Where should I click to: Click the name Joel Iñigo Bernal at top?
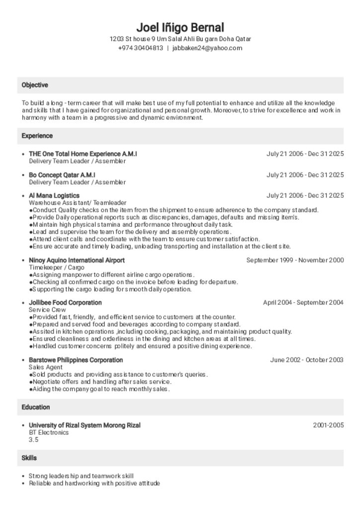point(180,27)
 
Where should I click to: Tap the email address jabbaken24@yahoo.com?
point(207,48)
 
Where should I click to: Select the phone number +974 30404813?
point(140,48)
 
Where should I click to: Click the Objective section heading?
point(35,85)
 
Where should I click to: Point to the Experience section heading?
point(37,136)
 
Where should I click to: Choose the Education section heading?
point(36,407)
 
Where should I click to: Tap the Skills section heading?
point(29,458)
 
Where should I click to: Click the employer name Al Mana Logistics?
point(54,195)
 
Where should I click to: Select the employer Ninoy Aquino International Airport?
point(77,260)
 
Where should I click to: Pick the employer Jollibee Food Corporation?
point(65,302)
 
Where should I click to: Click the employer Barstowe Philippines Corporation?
point(76,360)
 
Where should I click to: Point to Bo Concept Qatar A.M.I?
point(62,175)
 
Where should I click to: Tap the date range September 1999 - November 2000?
point(295,260)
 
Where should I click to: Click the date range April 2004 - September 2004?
point(303,302)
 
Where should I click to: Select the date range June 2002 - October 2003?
point(307,360)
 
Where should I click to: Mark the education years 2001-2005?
point(328,425)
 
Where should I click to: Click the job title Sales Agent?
point(46,367)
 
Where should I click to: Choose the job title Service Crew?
point(47,310)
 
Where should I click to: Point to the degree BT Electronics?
point(49,432)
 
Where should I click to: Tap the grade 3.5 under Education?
point(33,440)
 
